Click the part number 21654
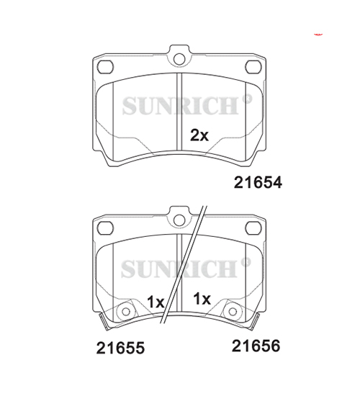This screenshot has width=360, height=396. click(258, 182)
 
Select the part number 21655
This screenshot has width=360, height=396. click(120, 348)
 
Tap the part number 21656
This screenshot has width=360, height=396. click(256, 346)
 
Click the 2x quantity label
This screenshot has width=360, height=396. click(199, 135)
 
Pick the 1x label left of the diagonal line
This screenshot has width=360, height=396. click(156, 302)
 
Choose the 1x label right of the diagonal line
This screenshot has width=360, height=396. click(202, 299)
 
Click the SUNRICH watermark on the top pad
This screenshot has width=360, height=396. click(181, 106)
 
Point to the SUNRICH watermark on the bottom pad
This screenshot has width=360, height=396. click(179, 269)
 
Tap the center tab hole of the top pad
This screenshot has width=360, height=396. click(179, 59)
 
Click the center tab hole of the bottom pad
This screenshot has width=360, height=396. click(179, 220)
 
